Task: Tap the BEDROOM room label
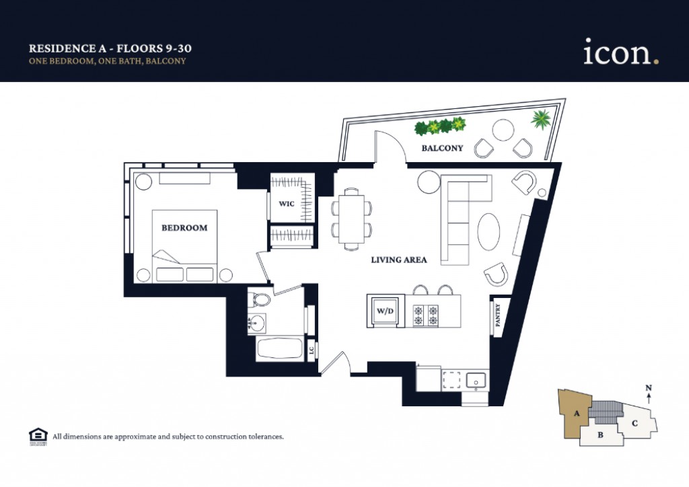(184, 228)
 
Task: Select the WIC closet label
(286, 204)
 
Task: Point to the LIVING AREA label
(399, 260)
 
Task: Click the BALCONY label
(442, 148)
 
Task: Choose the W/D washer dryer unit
(385, 311)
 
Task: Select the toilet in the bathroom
(259, 298)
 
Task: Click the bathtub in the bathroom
(279, 348)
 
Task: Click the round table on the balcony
(503, 129)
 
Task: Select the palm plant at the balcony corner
(540, 120)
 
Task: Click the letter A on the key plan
(576, 414)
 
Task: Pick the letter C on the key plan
(634, 423)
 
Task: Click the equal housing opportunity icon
(36, 436)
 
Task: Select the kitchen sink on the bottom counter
(476, 379)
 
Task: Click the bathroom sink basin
(256, 324)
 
